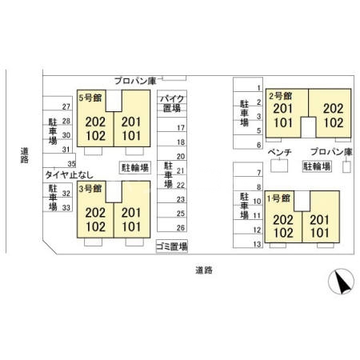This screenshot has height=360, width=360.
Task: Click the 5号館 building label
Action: (90, 98)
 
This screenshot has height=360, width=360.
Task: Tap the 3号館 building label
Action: (90, 189)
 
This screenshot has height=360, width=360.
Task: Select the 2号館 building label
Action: (280, 96)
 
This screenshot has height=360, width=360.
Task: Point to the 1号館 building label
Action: (278, 198)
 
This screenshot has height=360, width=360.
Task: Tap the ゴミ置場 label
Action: (172, 246)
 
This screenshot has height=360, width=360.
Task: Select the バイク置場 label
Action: (172, 103)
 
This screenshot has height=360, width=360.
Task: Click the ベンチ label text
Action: (279, 152)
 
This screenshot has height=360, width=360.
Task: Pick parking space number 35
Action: (71, 164)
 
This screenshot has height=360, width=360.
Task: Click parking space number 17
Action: (181, 128)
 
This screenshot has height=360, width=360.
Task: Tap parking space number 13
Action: (257, 244)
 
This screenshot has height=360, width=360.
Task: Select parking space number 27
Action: (66, 107)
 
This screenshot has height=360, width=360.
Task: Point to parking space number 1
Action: (258, 88)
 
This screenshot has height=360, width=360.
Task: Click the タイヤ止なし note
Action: (70, 175)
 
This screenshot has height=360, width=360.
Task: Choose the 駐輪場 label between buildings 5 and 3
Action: (135, 168)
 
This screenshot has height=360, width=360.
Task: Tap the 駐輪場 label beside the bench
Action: (317, 166)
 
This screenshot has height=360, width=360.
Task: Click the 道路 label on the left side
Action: (25, 155)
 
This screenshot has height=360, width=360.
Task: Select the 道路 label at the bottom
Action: (204, 270)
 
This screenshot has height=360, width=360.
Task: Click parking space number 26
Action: (181, 228)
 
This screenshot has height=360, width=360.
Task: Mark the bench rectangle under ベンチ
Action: (279, 166)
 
